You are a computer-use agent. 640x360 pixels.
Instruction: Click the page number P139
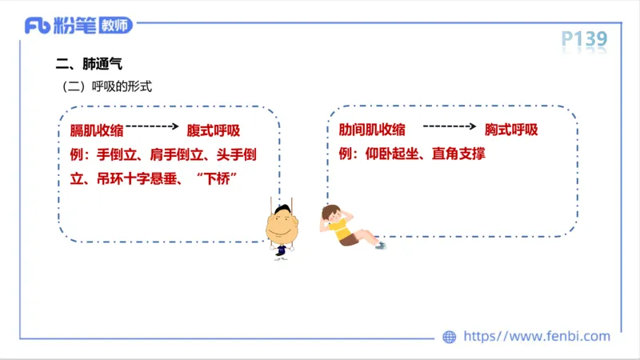click(584, 38)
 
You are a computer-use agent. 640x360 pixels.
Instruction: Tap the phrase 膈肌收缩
click(97, 130)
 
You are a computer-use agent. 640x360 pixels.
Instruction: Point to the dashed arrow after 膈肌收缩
click(151, 126)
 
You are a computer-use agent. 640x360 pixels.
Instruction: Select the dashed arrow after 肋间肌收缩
click(450, 126)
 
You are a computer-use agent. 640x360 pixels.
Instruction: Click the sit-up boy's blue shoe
click(381, 245)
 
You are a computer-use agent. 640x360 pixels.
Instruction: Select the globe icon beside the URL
click(450, 337)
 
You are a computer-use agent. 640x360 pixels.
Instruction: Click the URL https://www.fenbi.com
click(537, 337)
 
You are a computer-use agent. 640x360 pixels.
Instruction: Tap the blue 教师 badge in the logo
click(116, 26)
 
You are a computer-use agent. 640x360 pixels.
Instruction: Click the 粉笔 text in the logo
click(75, 26)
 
